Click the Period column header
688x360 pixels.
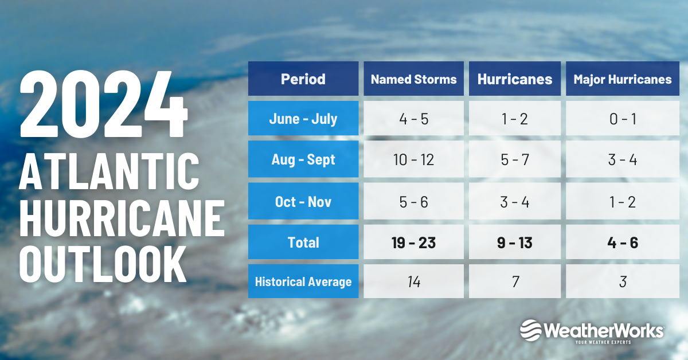click(x=303, y=79)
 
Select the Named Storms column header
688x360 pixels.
click(x=413, y=79)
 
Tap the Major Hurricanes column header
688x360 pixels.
click(x=622, y=79)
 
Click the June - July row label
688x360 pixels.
click(x=303, y=118)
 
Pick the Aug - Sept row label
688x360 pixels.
click(x=303, y=159)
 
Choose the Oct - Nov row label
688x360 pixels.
click(x=303, y=201)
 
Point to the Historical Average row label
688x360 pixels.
click(x=303, y=281)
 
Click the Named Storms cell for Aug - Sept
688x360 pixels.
click(x=413, y=159)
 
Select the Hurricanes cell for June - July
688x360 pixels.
click(x=514, y=118)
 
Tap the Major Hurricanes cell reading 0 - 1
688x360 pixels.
click(x=622, y=118)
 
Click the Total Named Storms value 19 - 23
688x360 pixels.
click(x=413, y=242)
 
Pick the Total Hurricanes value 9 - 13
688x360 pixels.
click(x=514, y=242)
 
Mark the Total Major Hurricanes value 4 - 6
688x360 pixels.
click(x=622, y=242)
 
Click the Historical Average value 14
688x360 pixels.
click(x=414, y=281)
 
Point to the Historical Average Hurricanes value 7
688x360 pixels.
click(x=515, y=281)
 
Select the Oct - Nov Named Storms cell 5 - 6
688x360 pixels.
click(x=413, y=201)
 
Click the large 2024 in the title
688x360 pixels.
click(x=104, y=104)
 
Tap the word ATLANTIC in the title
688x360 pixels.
click(x=109, y=171)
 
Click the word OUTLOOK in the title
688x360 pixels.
click(x=103, y=264)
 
